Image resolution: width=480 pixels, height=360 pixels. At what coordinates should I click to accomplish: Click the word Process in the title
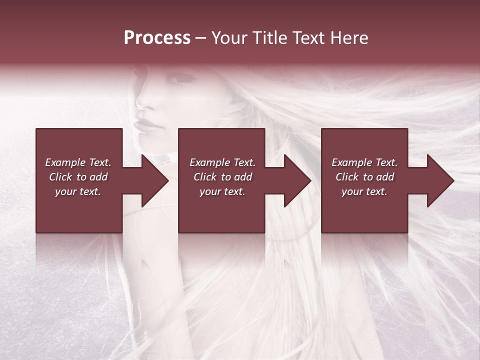tap(157, 38)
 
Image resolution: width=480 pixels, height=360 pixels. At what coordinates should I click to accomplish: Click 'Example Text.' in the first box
tap(78, 162)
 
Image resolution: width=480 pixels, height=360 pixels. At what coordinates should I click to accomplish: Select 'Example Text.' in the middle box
tap(222, 162)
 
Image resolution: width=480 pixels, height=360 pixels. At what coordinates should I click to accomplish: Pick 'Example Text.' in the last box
tap(364, 162)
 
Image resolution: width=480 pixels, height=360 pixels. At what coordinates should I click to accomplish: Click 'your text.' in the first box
tap(78, 191)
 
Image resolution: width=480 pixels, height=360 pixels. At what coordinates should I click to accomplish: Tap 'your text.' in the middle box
tap(222, 191)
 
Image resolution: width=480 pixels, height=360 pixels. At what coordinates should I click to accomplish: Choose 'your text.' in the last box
tap(364, 191)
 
